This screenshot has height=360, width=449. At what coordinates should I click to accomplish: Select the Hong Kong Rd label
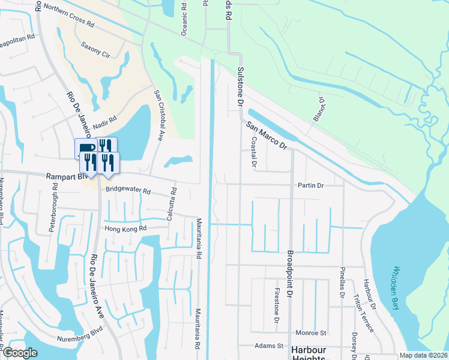point(126,229)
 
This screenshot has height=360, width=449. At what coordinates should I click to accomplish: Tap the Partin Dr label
point(311,185)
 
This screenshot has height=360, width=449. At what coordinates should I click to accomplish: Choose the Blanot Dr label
point(318,109)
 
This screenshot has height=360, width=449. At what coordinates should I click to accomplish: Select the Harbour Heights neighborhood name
point(309,353)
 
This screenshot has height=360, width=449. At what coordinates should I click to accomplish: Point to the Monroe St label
point(311,332)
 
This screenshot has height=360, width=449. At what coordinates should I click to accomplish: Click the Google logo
point(20,353)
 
